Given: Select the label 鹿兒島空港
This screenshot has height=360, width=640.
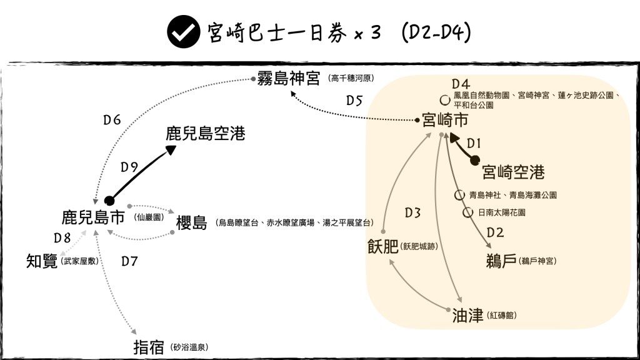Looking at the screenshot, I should [x=205, y=133].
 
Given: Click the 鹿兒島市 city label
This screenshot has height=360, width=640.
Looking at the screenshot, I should [x=93, y=217].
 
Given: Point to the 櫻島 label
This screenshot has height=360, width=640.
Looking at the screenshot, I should [x=191, y=223].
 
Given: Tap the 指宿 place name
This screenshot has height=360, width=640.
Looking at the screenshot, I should [x=149, y=347].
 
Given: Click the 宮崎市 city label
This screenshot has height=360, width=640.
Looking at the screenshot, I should [x=445, y=119].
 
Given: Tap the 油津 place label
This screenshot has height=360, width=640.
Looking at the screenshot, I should [x=467, y=316].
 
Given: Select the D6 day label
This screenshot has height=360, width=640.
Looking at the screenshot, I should [x=112, y=120].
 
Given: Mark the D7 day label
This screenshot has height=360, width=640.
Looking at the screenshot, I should [x=129, y=261].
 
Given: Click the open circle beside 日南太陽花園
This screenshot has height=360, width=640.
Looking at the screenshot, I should [x=467, y=212].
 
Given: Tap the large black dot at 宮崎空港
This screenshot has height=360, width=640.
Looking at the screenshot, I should [x=476, y=160].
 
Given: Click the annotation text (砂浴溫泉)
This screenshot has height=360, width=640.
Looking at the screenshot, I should [x=189, y=347].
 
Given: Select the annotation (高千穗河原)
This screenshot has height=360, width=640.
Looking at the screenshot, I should [x=354, y=79].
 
